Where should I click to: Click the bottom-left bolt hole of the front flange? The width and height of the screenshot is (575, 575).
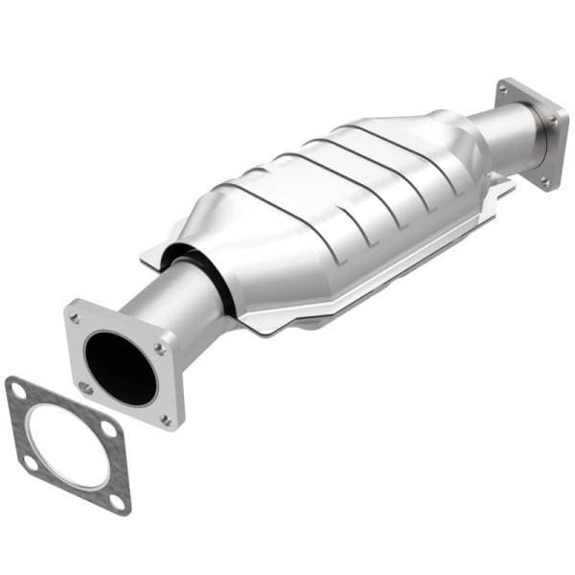tap(85, 387)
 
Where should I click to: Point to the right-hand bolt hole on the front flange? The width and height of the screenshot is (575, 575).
tap(159, 349)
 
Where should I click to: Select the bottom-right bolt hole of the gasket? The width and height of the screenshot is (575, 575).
tap(117, 500)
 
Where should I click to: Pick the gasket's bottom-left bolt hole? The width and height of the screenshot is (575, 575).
tap(30, 461)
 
